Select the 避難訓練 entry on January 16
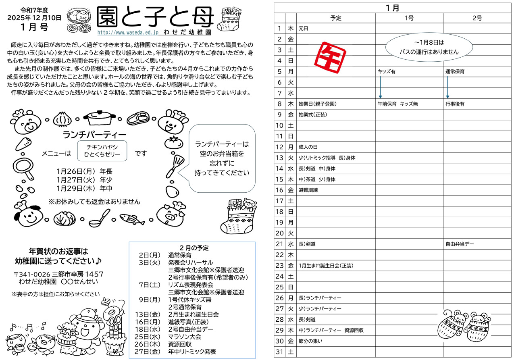tap(308, 190)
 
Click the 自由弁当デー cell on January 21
tap(460, 244)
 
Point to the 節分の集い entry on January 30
tap(310, 341)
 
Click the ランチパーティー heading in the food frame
tap(95, 134)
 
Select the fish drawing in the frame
tap(132, 220)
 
